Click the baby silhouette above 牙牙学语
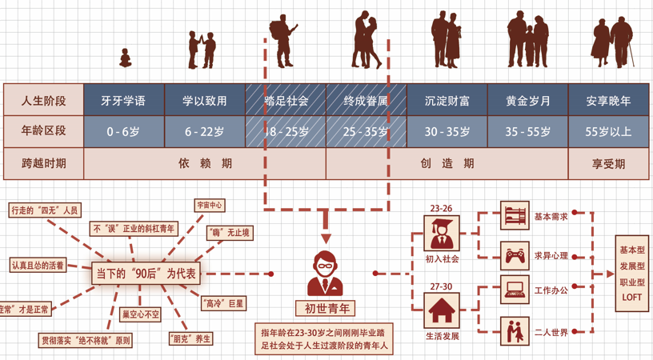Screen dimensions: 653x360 coord(125,58)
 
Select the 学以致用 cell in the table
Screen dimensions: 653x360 coord(205,102)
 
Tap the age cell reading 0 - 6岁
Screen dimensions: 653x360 coord(123,132)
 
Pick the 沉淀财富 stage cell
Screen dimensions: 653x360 coord(447,102)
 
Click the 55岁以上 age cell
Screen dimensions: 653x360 coord(608,132)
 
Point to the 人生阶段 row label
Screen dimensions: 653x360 coord(44,102)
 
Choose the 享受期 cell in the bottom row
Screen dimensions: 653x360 coord(608,163)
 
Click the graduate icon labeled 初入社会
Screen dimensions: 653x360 coord(441,233)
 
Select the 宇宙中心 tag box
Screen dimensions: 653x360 coord(210,206)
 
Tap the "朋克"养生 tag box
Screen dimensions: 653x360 coord(190,338)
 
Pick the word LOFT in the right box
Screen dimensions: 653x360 coord(632,297)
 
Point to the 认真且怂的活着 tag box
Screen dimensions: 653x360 coord(38,265)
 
